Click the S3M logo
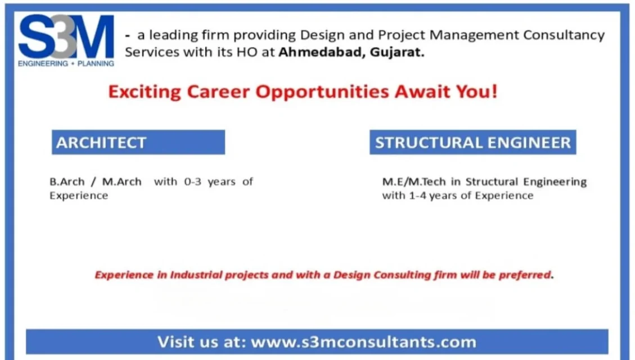(66, 38)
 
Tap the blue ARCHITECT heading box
(138, 142)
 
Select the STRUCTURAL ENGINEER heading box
(472, 142)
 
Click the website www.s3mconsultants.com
(363, 341)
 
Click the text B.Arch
(67, 182)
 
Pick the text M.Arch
(122, 182)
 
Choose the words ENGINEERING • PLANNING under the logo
(66, 64)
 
